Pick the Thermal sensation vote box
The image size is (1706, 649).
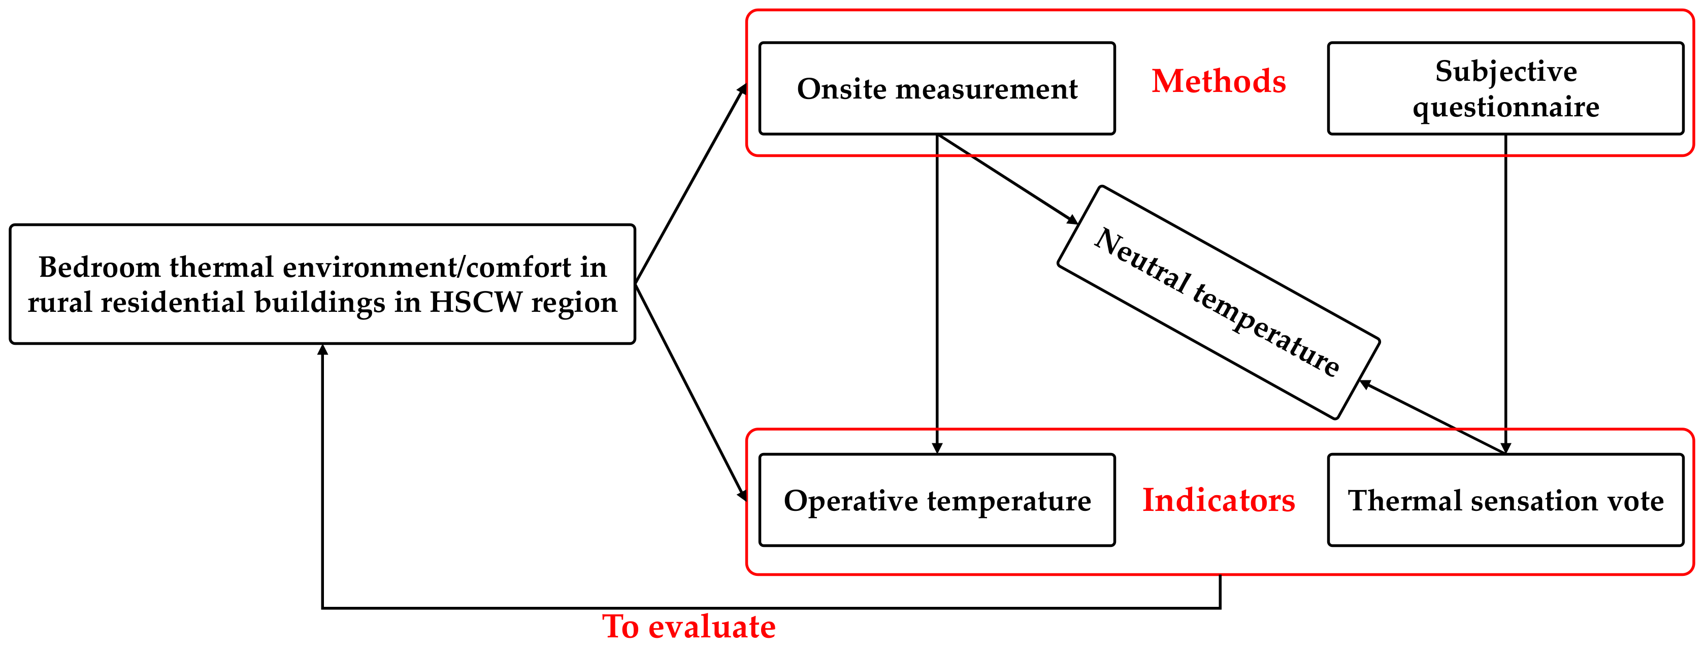(1505, 500)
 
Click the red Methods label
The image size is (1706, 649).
(1219, 81)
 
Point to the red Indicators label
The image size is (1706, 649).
(1219, 500)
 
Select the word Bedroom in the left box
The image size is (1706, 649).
(100, 268)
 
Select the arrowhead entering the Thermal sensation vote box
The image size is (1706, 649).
(1505, 448)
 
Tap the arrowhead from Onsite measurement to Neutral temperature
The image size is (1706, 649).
(1071, 219)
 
